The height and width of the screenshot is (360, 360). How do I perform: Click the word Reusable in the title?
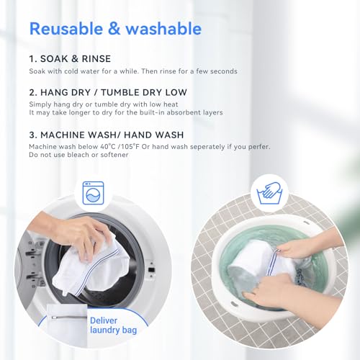(x=66, y=29)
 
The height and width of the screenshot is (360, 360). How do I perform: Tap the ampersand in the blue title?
(x=114, y=29)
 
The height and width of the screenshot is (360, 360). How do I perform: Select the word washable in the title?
(x=163, y=29)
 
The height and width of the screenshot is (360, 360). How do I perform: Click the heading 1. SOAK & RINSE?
(x=70, y=59)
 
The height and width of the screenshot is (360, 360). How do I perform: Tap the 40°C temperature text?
(x=108, y=147)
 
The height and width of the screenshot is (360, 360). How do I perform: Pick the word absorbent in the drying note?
(x=184, y=112)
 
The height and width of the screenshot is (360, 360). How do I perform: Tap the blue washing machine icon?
(x=93, y=193)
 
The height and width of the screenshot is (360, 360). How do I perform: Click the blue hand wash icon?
(x=269, y=193)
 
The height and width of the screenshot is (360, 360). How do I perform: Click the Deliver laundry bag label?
(x=113, y=325)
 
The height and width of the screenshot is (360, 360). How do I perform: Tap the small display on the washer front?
(x=151, y=270)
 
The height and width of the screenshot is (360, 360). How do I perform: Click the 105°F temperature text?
(x=130, y=147)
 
